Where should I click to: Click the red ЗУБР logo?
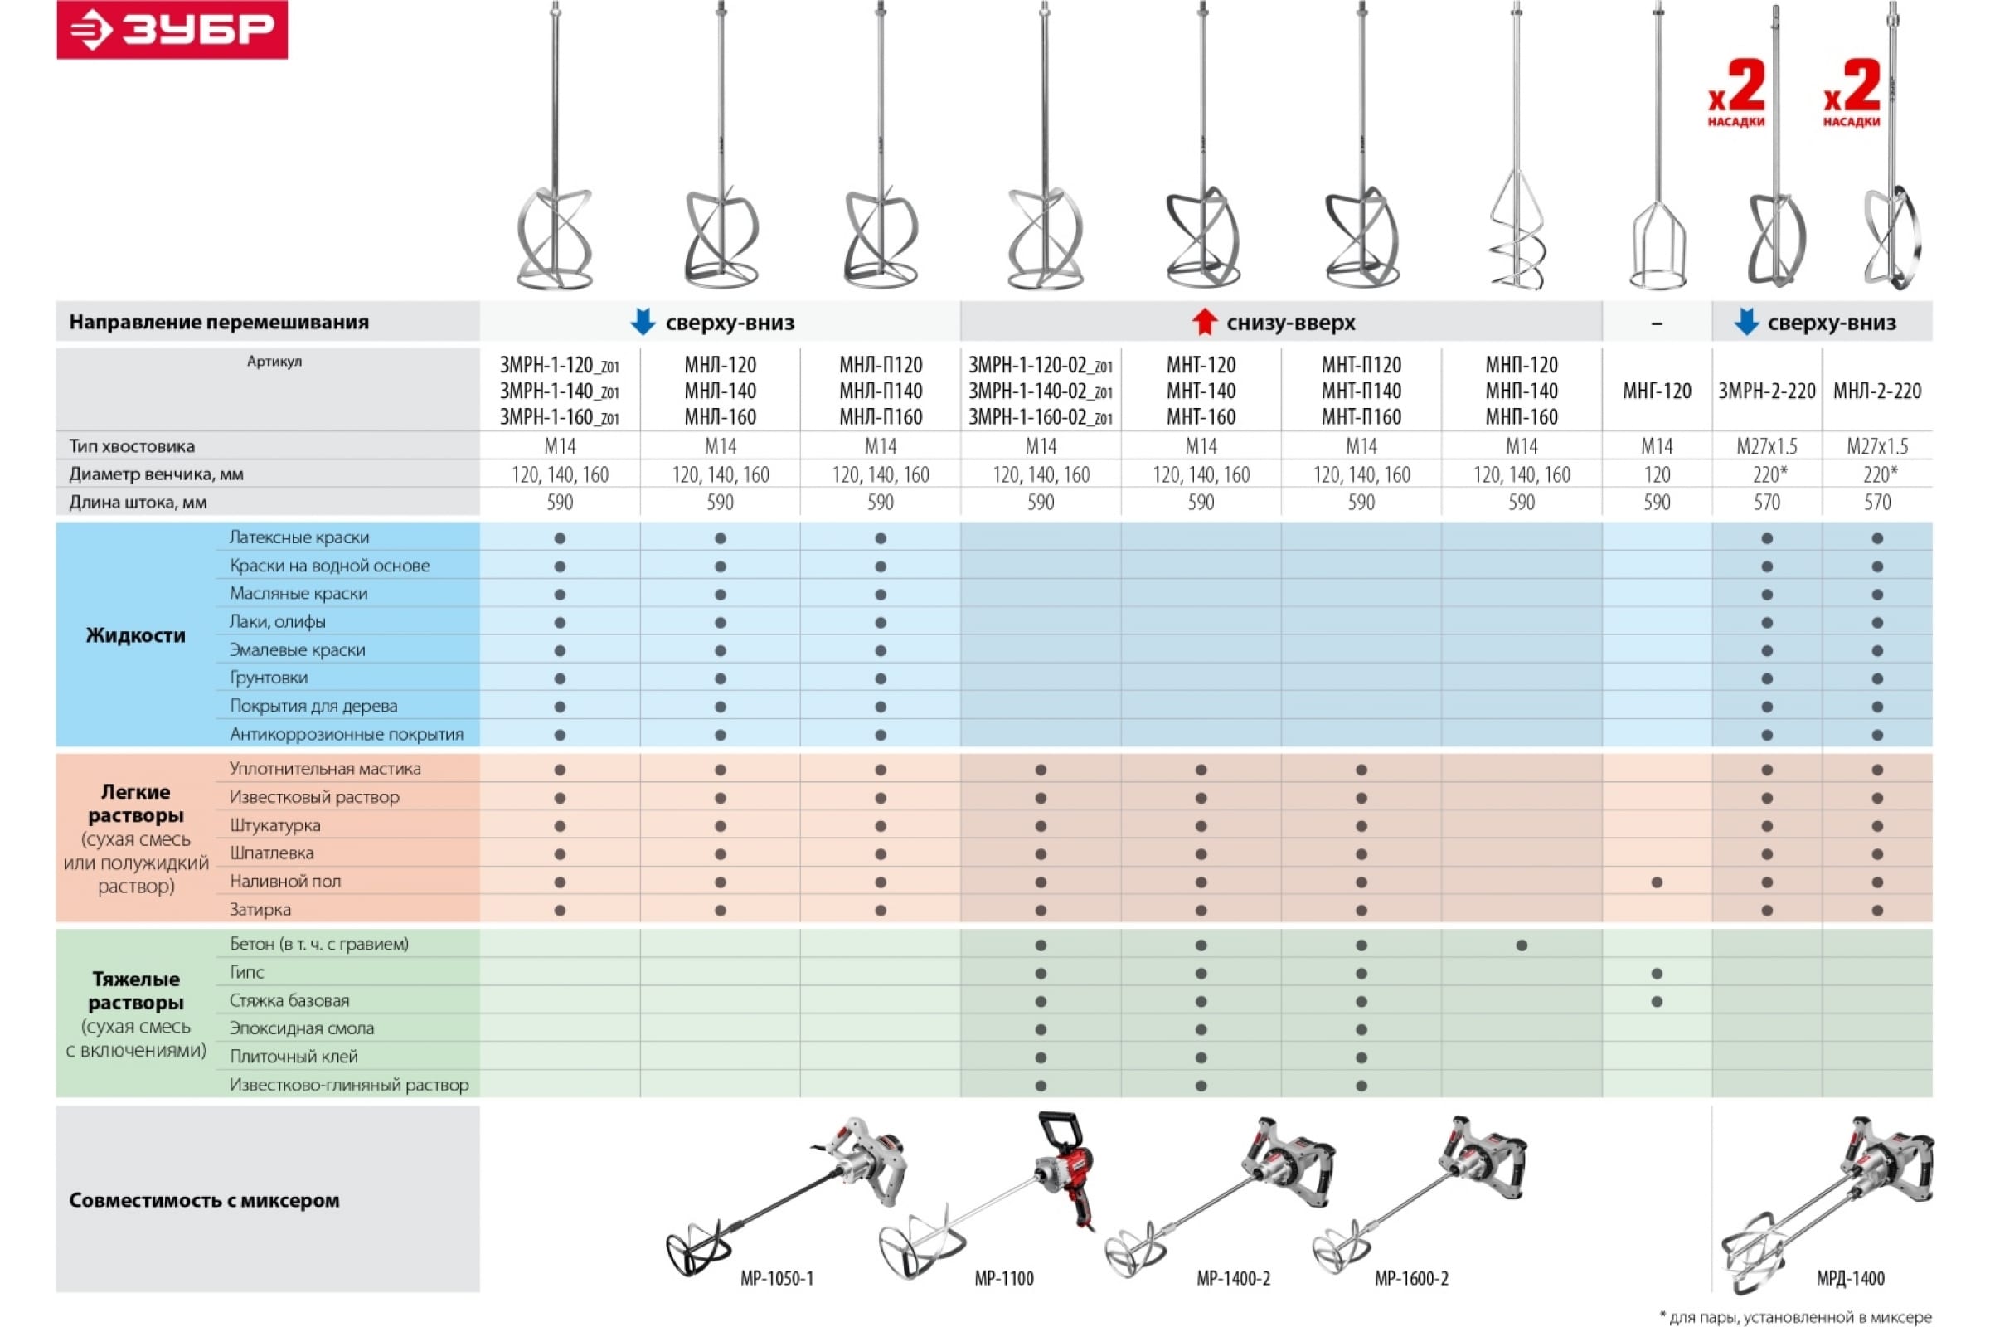pos(172,30)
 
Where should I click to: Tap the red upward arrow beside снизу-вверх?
pos(1204,323)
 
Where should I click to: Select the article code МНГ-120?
pos(1657,391)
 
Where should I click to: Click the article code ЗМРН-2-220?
pos(1767,391)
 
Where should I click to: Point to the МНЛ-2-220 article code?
pos(1876,391)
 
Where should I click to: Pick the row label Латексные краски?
pos(299,537)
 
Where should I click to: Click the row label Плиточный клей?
pos(294,1056)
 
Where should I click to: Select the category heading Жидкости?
pos(135,635)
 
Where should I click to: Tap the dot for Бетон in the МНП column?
pos(1522,945)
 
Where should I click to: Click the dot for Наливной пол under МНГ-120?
pos(1657,882)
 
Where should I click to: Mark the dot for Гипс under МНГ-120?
pos(1657,974)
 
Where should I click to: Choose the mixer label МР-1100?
pos(1004,1279)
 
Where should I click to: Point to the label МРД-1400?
pos(1851,1279)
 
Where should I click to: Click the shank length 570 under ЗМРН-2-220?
pos(1767,503)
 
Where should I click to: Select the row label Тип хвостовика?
pos(132,446)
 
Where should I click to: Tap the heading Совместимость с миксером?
pos(204,1200)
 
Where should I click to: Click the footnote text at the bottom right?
pos(1795,1317)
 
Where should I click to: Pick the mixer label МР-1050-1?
pos(777,1279)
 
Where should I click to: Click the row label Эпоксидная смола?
pos(301,1028)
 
